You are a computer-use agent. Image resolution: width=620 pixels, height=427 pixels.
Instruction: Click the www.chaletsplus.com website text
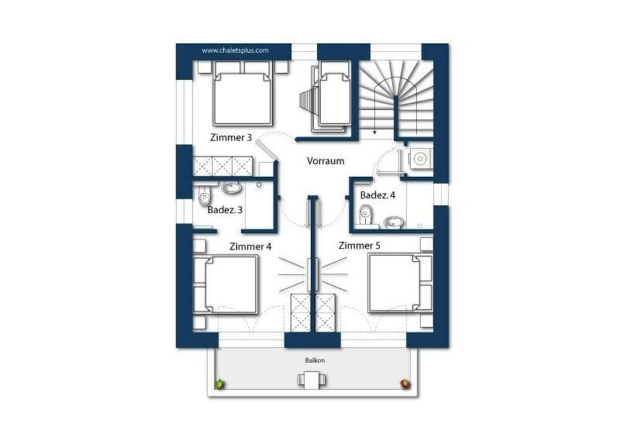(x=235, y=51)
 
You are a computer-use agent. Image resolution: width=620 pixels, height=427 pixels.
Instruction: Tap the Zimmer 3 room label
(x=231, y=138)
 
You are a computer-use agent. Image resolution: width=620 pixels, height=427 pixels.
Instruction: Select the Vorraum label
(x=325, y=161)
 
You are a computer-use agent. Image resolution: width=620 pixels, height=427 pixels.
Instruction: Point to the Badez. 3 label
(x=225, y=209)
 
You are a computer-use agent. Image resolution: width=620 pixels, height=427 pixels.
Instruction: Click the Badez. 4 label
(x=378, y=195)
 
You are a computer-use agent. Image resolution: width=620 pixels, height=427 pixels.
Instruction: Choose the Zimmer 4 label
(x=250, y=246)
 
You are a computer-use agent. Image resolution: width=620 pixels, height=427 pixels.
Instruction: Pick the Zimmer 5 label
(x=360, y=245)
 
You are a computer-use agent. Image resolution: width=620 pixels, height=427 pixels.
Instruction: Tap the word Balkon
(x=315, y=360)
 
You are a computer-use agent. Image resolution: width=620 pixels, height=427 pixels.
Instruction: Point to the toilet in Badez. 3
(x=205, y=198)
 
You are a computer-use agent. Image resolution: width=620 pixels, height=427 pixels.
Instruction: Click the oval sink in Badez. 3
(x=232, y=188)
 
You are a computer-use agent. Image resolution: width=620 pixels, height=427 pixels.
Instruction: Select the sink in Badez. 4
(x=392, y=221)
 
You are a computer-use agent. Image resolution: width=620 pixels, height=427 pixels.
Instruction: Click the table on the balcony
(x=309, y=379)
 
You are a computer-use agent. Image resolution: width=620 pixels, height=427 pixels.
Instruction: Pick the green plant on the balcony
(x=219, y=384)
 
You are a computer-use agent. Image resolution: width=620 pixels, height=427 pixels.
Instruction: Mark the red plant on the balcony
(x=405, y=384)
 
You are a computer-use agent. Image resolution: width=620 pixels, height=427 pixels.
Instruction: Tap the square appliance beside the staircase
(x=420, y=159)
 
